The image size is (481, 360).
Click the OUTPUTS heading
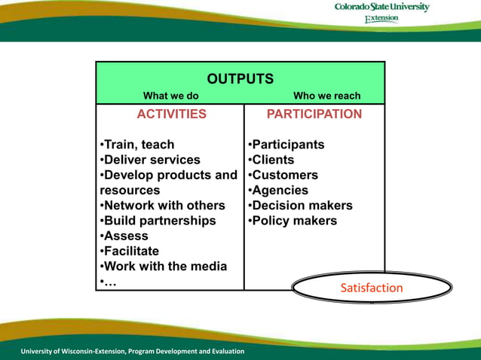click(x=240, y=79)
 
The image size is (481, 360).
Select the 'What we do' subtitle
click(x=171, y=96)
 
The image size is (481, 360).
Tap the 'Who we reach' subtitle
click(x=326, y=96)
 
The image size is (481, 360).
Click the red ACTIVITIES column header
click(x=171, y=114)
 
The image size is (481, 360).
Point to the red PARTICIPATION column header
click(x=314, y=114)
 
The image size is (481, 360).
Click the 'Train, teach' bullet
click(x=137, y=145)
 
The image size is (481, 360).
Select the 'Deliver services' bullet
click(x=150, y=160)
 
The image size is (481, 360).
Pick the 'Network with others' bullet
click(x=162, y=206)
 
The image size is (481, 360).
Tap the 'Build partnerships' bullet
click(x=158, y=221)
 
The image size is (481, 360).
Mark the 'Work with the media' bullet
click(x=164, y=267)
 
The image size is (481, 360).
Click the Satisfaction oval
click(x=371, y=288)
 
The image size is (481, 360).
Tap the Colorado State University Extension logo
click(x=382, y=13)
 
